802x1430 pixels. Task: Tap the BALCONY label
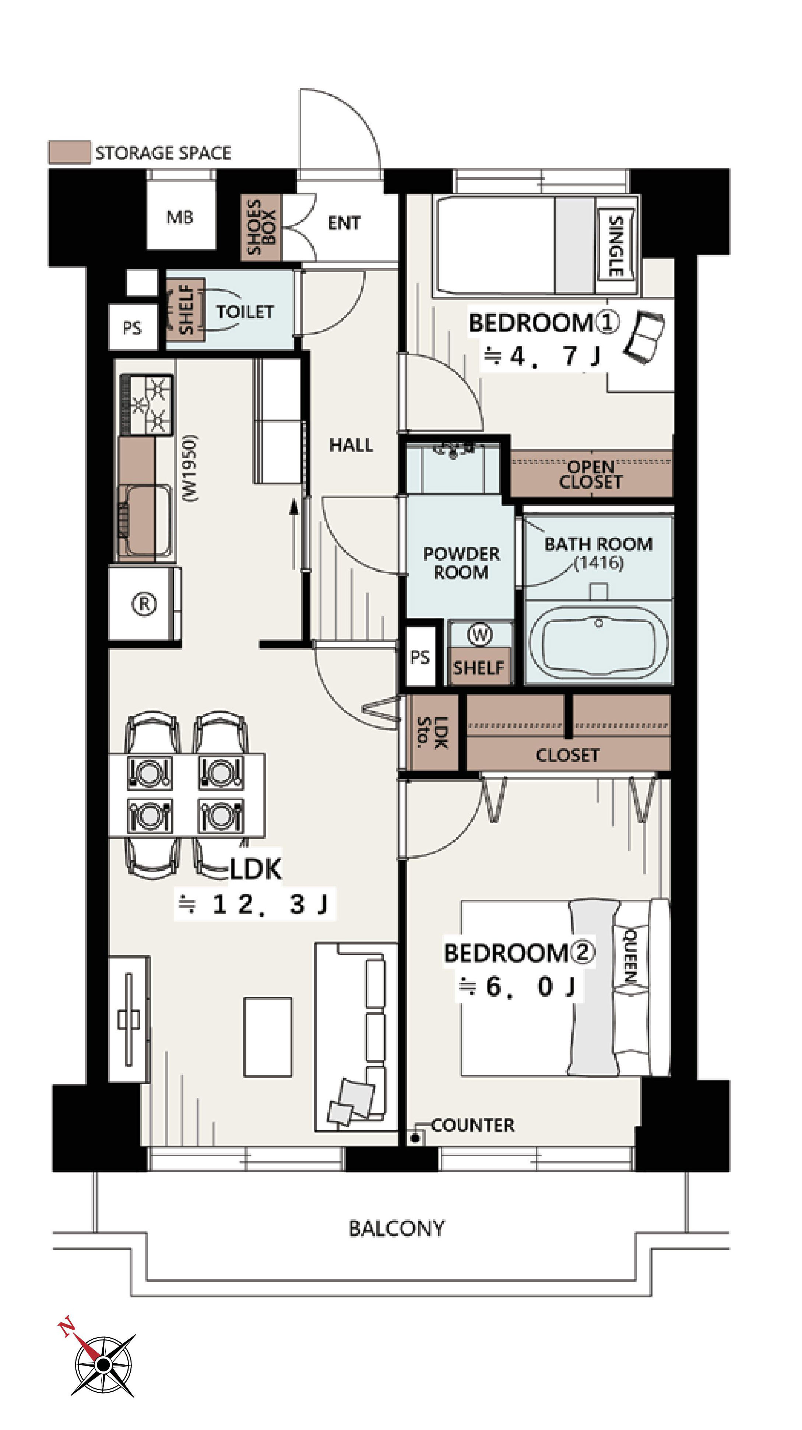[396, 1229]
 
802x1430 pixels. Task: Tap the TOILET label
[245, 312]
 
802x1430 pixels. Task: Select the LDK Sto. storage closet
[432, 732]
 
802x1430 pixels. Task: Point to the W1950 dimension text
[190, 469]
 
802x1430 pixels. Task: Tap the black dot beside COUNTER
[415, 1138]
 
